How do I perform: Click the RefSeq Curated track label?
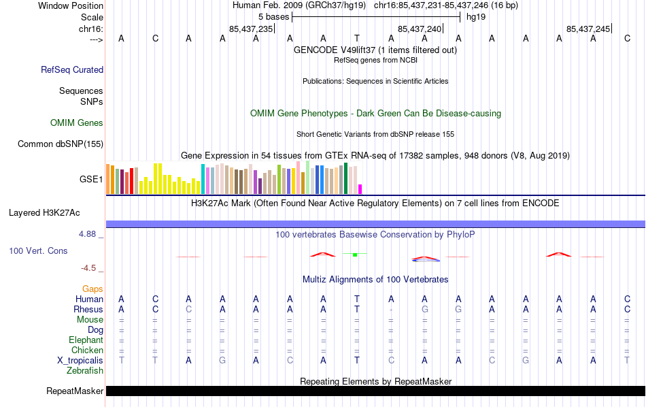pos(72,69)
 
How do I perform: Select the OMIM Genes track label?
pos(77,123)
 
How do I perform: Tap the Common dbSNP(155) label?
pos(61,144)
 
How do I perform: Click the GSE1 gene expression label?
pos(91,180)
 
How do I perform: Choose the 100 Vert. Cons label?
pos(38,251)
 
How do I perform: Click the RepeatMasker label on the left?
pos(75,391)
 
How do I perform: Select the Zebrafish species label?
pos(85,371)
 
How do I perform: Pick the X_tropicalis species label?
pos(80,361)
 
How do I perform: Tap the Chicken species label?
pos(87,351)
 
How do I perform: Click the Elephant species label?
pos(86,340)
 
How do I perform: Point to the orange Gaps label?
pos(92,289)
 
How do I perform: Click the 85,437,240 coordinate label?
pos(420,29)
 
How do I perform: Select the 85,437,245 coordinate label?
pos(588,29)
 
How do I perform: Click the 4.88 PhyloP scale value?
pos(88,234)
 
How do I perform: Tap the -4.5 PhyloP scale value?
pos(90,268)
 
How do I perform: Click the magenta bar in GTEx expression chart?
pos(360,189)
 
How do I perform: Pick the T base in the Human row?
pos(357,299)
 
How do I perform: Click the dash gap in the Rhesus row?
pos(391,310)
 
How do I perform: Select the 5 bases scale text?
pos(273,16)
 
